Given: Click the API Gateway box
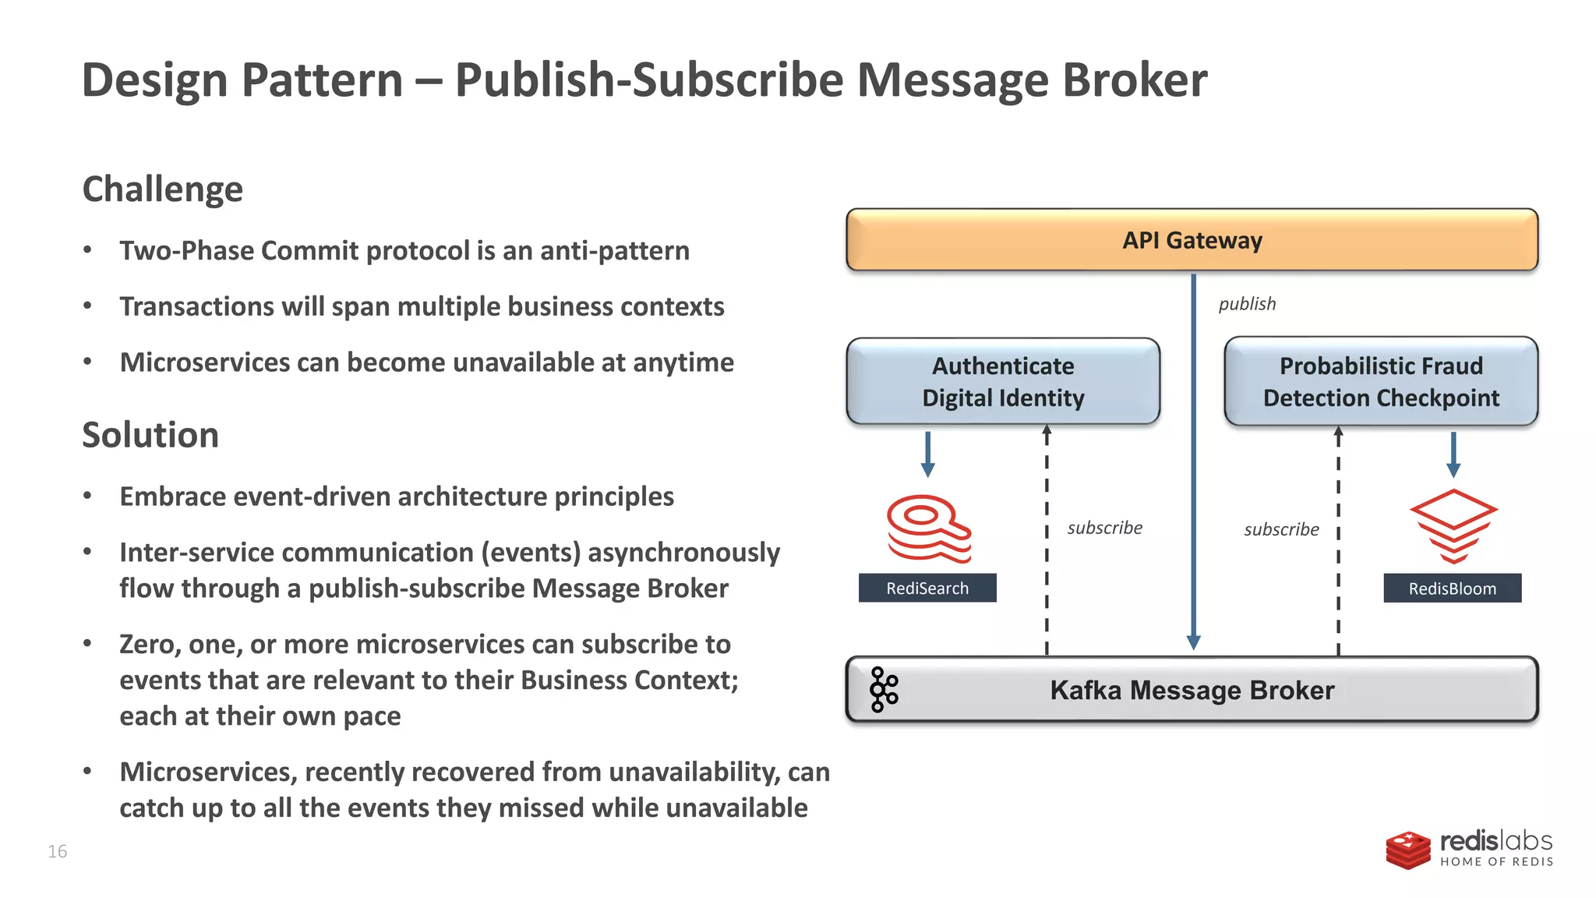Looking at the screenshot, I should (1192, 240).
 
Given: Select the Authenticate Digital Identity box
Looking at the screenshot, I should (1003, 381).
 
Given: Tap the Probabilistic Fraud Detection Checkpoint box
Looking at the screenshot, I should (1380, 381).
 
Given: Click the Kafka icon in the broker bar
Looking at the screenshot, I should (884, 689).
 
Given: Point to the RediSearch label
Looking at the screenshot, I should (927, 589).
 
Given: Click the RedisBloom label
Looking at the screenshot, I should (1452, 589).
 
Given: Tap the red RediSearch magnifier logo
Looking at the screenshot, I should (928, 529).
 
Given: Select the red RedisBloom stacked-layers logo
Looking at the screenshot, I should (1453, 526).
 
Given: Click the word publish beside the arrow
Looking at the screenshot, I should (1247, 304).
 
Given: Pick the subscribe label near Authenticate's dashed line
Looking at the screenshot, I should (1104, 529).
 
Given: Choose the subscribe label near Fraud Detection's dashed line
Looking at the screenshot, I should (1281, 530).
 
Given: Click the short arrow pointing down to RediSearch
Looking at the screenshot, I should (927, 454).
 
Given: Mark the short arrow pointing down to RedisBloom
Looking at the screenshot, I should (1453, 454).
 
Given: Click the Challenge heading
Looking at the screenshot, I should (163, 189).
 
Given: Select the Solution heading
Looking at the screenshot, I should (150, 435).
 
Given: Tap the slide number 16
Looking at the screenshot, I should (58, 851).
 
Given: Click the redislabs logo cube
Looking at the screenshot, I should (1407, 850).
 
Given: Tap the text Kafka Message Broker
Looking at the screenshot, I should (1192, 691).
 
